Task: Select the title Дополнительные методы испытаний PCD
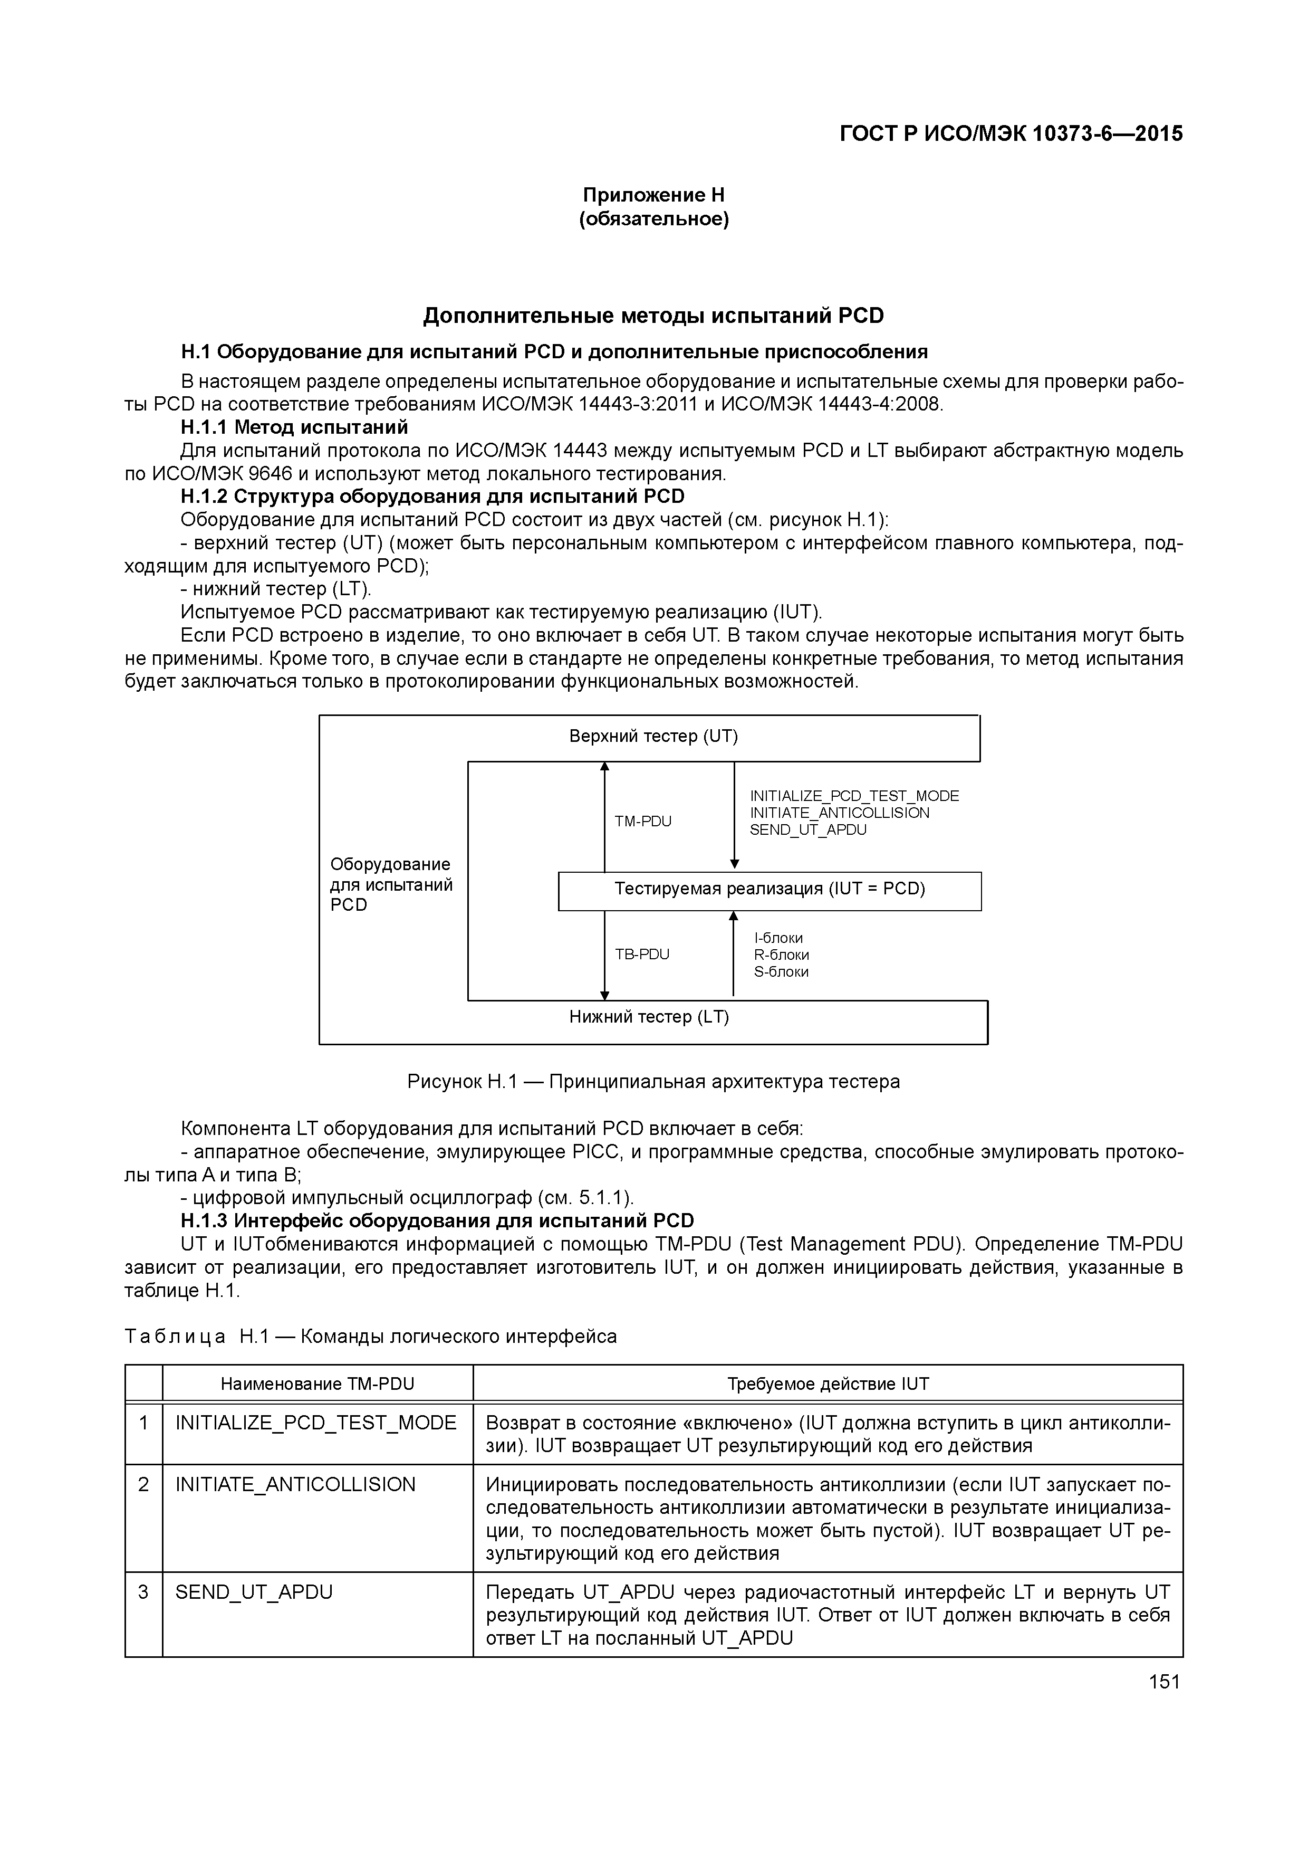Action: [x=653, y=316]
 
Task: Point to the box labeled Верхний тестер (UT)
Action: [x=653, y=737]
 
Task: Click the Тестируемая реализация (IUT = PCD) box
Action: [x=770, y=889]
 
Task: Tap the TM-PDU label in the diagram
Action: [x=642, y=822]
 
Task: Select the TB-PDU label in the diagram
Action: [x=642, y=955]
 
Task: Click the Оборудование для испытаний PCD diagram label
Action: [x=391, y=884]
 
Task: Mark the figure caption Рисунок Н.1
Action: [x=653, y=1082]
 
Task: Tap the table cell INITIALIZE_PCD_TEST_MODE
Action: [x=316, y=1423]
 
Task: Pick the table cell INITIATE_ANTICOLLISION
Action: [x=296, y=1485]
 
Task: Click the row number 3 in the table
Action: [x=143, y=1592]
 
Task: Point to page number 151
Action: [x=1163, y=1682]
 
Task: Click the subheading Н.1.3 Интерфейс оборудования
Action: [x=437, y=1220]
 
